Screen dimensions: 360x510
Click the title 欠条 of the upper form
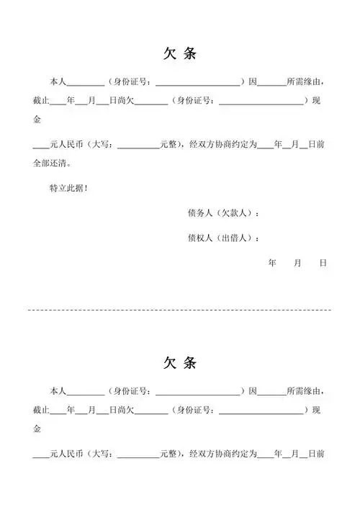(x=179, y=54)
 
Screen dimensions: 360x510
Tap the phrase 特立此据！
(x=68, y=189)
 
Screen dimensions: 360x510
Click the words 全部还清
(x=50, y=164)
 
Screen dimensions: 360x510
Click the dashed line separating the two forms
(x=179, y=309)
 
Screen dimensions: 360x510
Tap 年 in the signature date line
(x=272, y=264)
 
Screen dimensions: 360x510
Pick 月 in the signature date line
(x=297, y=264)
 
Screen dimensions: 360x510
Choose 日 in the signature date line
(x=323, y=264)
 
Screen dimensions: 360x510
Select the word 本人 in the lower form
(x=58, y=391)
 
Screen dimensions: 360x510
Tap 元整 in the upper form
(x=168, y=144)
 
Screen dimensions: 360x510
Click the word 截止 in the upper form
(x=41, y=101)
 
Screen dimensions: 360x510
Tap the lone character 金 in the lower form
(x=38, y=429)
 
